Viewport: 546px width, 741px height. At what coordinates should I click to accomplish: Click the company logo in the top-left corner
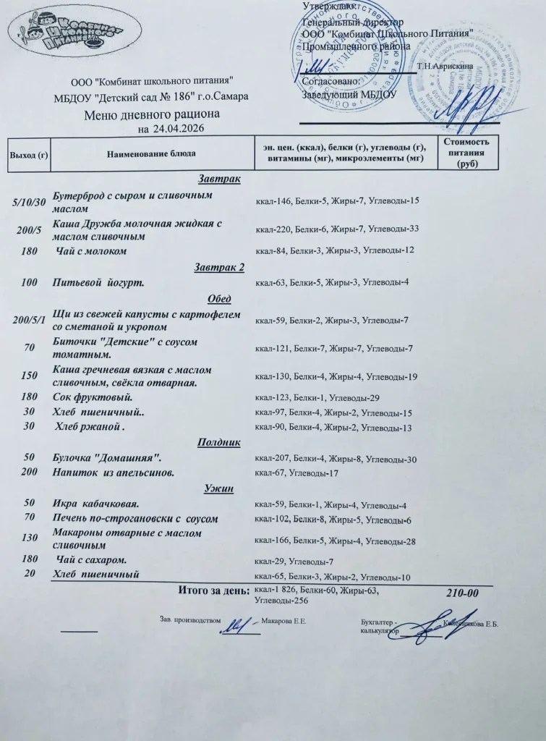point(67,33)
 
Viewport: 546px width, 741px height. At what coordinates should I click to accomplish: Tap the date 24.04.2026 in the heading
point(178,130)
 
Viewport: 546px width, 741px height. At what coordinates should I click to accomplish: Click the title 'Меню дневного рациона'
point(152,115)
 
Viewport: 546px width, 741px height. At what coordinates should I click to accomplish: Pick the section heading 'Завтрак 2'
point(219,268)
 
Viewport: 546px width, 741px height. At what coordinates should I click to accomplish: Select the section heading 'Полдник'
point(219,442)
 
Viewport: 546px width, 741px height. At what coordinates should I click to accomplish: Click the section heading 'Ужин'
point(219,489)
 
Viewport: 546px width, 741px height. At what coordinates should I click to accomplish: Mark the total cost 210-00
point(463,593)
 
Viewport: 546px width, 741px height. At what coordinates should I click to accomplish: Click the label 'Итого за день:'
point(213,592)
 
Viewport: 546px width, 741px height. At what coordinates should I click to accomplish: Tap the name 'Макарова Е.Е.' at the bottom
point(283,621)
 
